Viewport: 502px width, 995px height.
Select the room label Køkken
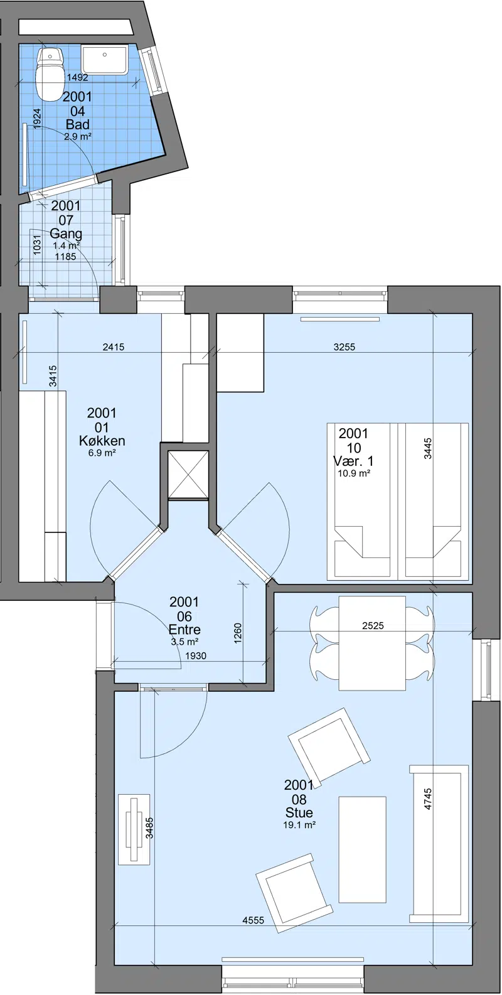click(102, 441)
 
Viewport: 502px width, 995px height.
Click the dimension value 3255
click(344, 347)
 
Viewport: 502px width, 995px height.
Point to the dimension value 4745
click(428, 799)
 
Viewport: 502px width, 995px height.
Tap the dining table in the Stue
click(372, 643)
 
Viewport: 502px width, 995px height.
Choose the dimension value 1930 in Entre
click(196, 655)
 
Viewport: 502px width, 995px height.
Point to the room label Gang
click(66, 233)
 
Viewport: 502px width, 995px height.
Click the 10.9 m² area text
click(354, 473)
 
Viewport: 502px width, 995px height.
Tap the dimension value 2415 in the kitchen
click(114, 347)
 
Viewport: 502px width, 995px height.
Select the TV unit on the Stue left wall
click(134, 829)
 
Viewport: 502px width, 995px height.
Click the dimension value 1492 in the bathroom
click(77, 77)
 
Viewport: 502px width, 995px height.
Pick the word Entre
click(184, 630)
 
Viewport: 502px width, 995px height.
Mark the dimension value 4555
click(254, 920)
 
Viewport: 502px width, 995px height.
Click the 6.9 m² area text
click(102, 453)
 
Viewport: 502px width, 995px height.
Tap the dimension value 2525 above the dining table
click(373, 626)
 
